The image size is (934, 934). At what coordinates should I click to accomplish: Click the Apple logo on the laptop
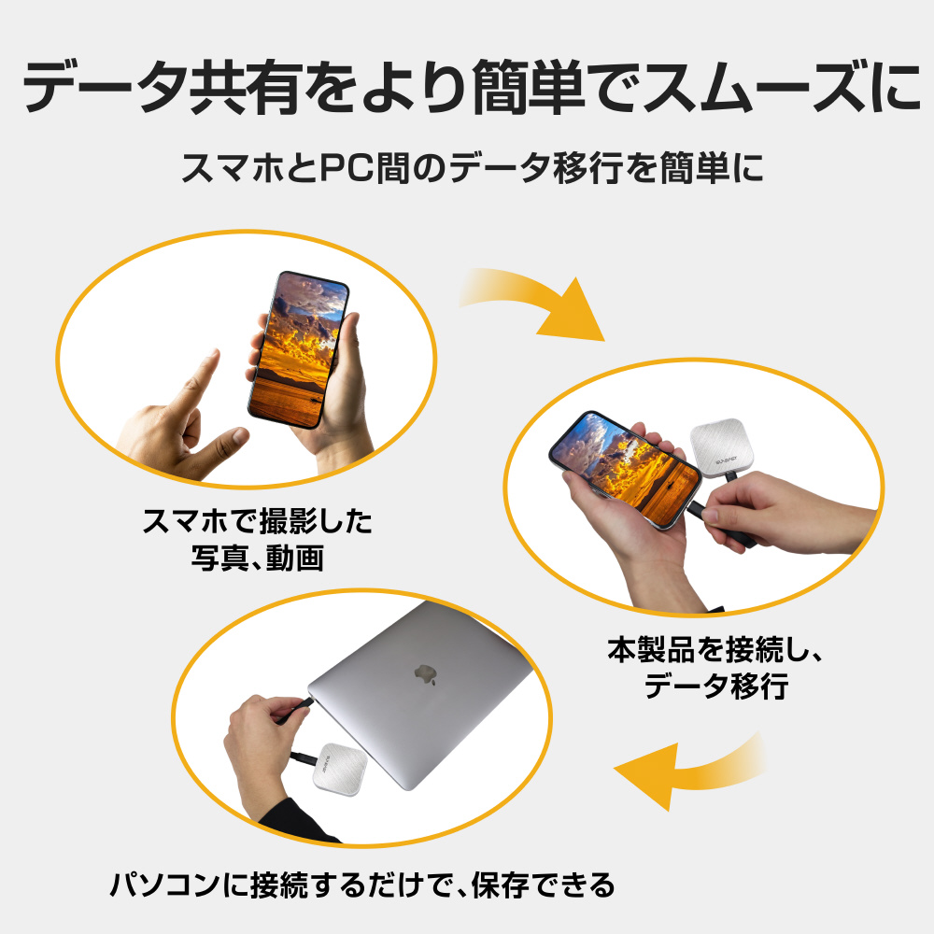click(425, 673)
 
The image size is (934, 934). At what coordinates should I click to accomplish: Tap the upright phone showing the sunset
click(298, 349)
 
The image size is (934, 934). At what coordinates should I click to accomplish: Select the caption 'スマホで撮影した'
click(258, 521)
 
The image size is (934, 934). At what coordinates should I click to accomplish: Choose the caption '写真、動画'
click(258, 559)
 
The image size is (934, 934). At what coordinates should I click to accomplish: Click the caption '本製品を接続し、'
click(715, 649)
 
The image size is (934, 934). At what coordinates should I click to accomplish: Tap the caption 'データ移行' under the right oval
click(715, 686)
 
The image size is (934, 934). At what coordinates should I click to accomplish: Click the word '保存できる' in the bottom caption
click(543, 884)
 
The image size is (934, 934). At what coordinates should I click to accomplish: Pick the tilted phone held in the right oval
click(624, 469)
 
